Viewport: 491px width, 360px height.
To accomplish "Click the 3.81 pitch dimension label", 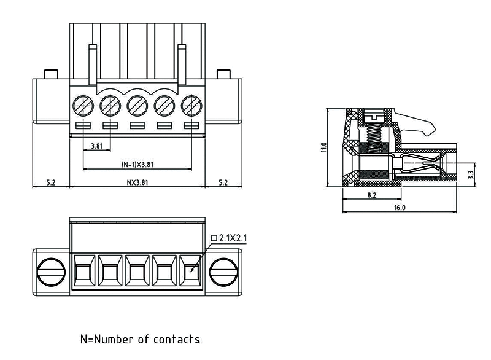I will pos(96,146).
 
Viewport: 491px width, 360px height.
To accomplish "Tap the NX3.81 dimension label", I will pos(137,182).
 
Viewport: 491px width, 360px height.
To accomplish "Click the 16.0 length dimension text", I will pos(399,208).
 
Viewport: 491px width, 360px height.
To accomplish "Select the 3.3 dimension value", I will pos(470,174).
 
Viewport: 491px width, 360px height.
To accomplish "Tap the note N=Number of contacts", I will pos(140,339).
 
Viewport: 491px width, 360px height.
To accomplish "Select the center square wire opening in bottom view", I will pos(137,271).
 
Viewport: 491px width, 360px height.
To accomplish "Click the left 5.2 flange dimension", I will pos(51,182).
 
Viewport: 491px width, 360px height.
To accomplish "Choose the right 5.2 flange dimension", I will pos(223,182).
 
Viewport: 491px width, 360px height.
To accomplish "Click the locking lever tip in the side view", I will pos(431,131).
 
